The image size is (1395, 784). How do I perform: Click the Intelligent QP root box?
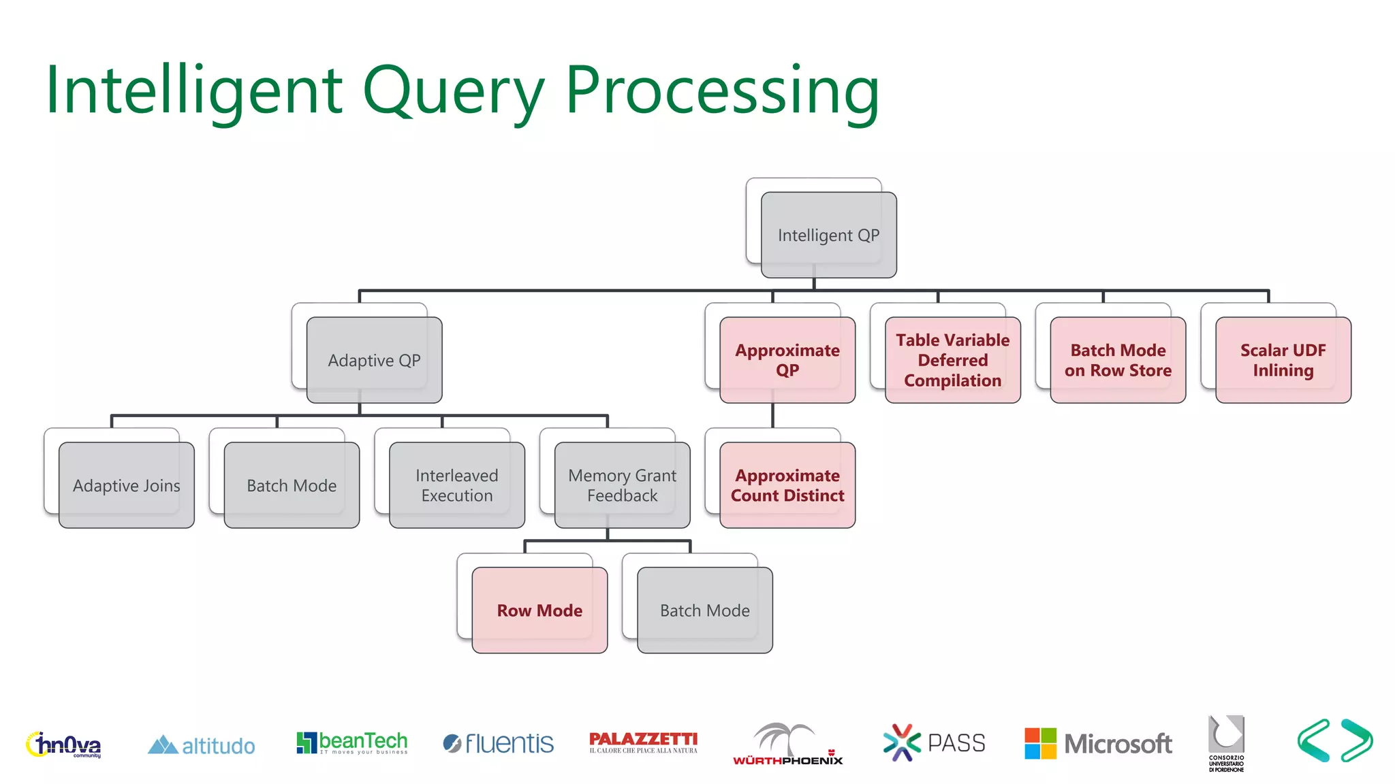(x=828, y=235)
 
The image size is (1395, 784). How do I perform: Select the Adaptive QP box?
(x=374, y=360)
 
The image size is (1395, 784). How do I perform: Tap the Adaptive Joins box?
(x=127, y=485)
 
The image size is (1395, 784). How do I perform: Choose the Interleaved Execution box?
(x=456, y=485)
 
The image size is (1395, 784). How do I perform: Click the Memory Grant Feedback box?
(x=622, y=485)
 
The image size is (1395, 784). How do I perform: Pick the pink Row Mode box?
(x=539, y=610)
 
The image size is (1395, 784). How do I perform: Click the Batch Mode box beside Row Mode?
(x=704, y=610)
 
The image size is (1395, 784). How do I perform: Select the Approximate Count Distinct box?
(x=787, y=485)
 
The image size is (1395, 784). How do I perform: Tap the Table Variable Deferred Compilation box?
(x=952, y=360)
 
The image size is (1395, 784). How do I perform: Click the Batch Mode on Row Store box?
(x=1118, y=360)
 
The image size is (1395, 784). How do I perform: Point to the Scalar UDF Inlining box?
(x=1283, y=360)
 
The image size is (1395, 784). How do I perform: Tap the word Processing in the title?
(x=722, y=92)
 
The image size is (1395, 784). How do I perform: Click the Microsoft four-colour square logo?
(x=1040, y=743)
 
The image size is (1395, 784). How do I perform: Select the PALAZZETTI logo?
(x=643, y=742)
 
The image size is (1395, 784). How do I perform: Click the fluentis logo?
(x=498, y=743)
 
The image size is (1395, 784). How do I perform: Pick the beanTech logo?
(x=352, y=742)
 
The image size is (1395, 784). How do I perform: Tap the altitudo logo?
(x=202, y=745)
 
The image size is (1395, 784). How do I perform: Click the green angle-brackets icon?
(x=1335, y=740)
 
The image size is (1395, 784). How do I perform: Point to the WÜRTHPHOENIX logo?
(x=787, y=745)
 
